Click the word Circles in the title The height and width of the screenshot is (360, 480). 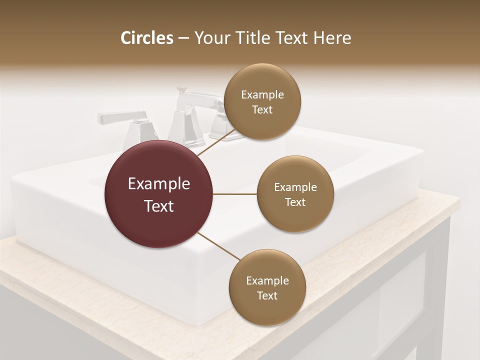146,38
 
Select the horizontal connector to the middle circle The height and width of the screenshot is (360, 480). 235,194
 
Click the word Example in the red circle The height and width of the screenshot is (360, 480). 159,184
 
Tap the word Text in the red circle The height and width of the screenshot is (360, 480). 159,206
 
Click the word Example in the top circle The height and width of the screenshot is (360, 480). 262,95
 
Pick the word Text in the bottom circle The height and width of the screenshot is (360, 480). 267,296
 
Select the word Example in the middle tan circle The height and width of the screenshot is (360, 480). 295,187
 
